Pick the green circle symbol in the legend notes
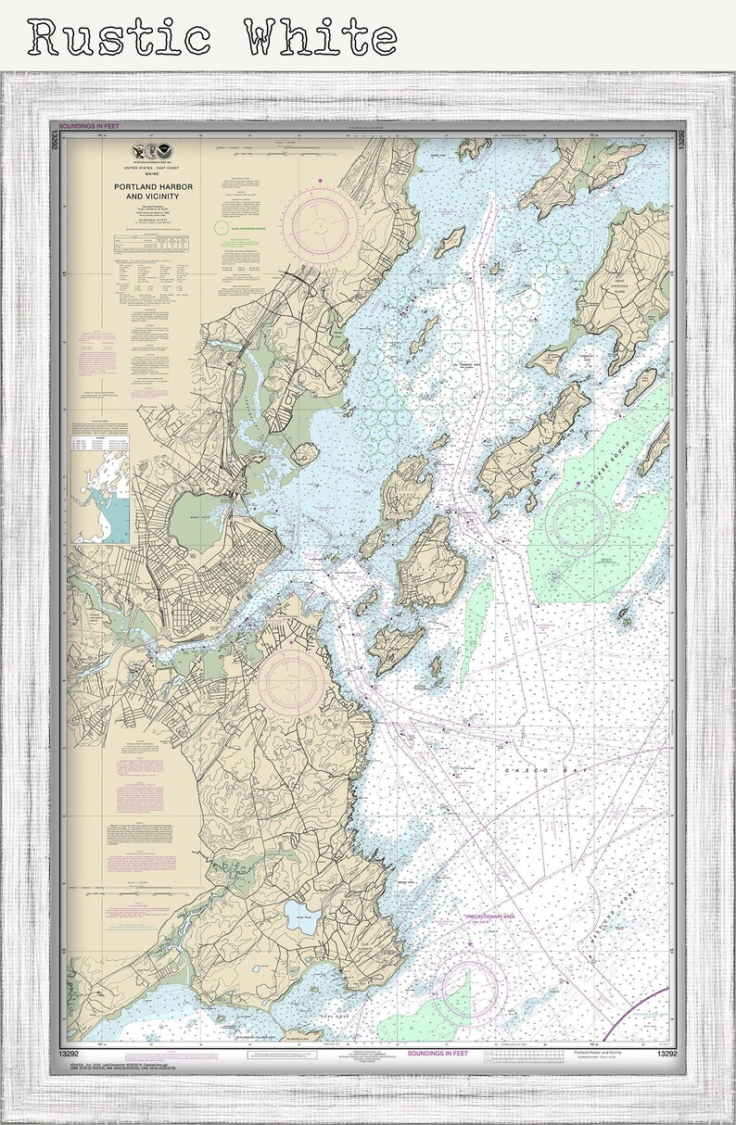[x=221, y=225]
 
